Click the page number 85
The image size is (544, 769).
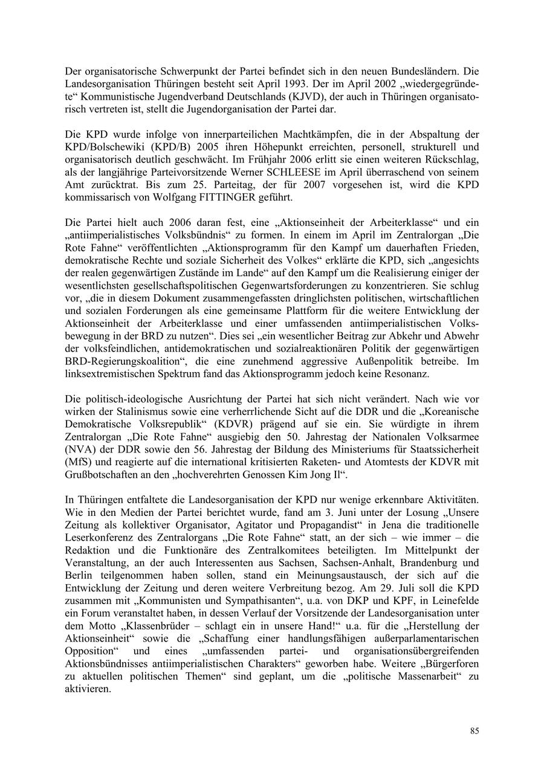point(474,731)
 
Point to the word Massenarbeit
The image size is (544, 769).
point(425,676)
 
